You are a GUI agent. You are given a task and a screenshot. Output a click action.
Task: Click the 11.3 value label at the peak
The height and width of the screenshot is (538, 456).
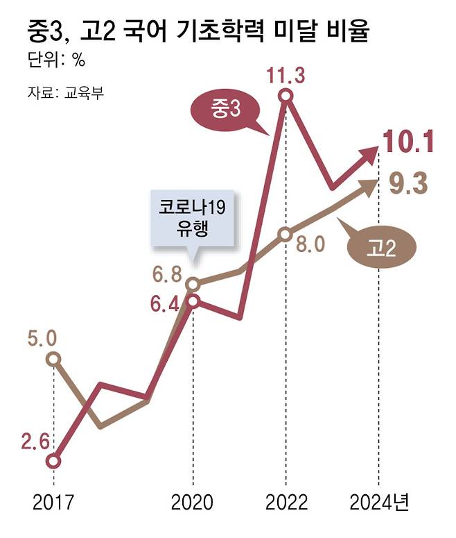coord(286,75)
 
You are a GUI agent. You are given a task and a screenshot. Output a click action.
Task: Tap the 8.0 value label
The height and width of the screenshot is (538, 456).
coord(310,245)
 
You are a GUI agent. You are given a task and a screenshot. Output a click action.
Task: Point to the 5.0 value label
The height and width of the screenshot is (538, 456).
coord(42,340)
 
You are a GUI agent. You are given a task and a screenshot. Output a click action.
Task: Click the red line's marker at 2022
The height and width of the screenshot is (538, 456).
coord(286,98)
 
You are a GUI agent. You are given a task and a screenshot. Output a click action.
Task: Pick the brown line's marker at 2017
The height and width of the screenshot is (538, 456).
coord(53,359)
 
